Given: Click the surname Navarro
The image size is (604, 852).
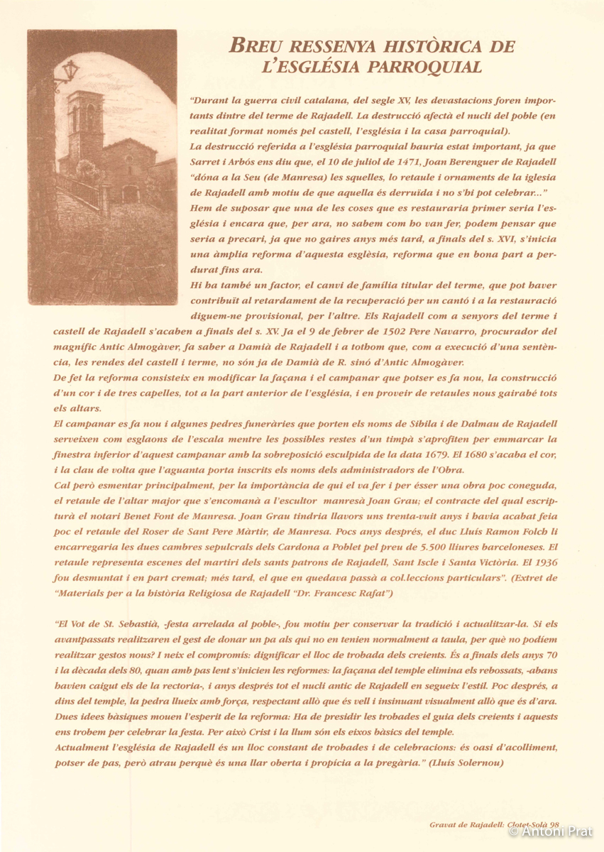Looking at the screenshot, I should [466, 331].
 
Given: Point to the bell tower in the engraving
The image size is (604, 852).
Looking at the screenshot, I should [84, 128].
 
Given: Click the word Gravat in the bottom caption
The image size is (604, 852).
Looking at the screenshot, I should [444, 825].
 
